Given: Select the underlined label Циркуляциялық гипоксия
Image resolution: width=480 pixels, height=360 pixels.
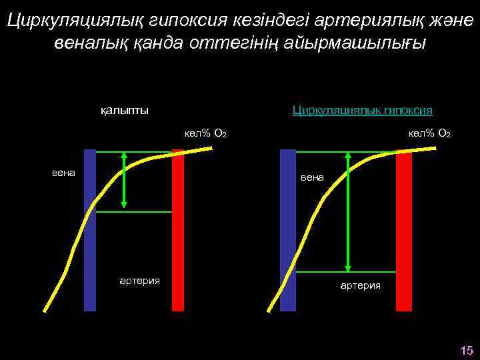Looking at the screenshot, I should pyautogui.click(x=363, y=109).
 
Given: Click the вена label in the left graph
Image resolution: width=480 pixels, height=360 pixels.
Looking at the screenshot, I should pyautogui.click(x=64, y=173).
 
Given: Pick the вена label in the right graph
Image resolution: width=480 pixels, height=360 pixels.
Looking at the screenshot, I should pyautogui.click(x=312, y=177).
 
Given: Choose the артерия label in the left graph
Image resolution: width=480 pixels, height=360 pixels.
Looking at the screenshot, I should pyautogui.click(x=139, y=281).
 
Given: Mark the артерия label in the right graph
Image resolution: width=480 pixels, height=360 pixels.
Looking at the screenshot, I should pyautogui.click(x=361, y=285).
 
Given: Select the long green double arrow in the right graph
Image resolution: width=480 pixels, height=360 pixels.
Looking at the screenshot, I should pyautogui.click(x=348, y=212).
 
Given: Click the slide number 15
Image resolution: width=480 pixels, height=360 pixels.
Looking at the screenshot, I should pyautogui.click(x=466, y=350).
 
